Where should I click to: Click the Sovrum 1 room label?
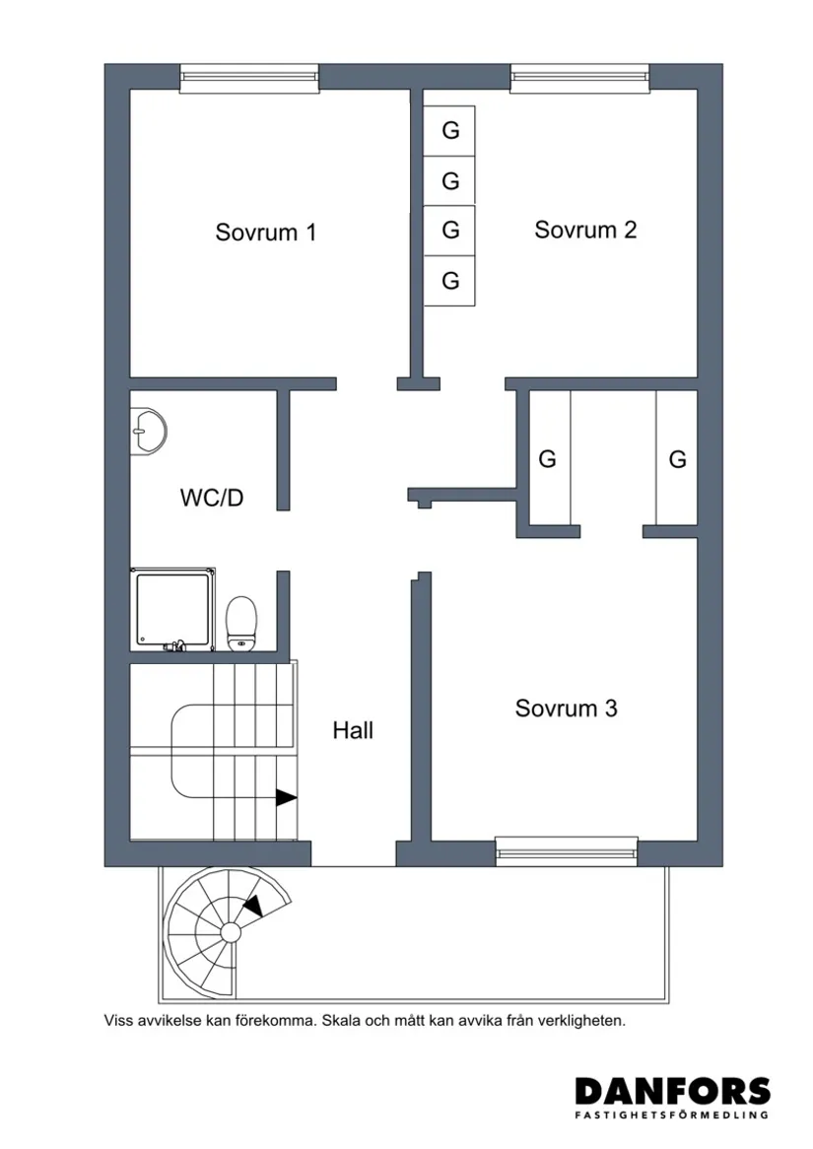tap(266, 233)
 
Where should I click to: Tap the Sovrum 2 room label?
tap(585, 230)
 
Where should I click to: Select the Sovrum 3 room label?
tap(566, 709)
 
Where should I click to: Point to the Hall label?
tap(353, 731)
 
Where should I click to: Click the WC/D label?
tap(211, 498)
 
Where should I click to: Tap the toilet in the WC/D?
tap(241, 624)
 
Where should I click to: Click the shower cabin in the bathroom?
tap(172, 610)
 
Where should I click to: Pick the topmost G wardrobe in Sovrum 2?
tap(450, 130)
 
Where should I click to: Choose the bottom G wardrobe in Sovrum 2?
tap(450, 281)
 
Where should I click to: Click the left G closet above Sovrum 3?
tap(547, 459)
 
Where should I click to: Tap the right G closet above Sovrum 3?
tap(677, 459)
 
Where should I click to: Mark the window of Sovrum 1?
tap(249, 79)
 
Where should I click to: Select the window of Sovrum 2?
tap(580, 79)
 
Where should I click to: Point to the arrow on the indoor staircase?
tap(286, 798)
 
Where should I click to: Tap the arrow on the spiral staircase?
tap(253, 905)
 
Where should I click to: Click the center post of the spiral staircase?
tap(231, 931)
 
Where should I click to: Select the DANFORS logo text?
tap(672, 1091)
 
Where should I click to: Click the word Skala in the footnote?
tap(343, 1022)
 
